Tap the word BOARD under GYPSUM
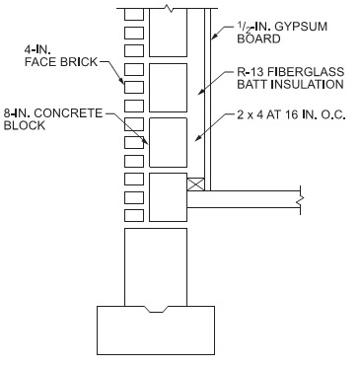click(x=257, y=39)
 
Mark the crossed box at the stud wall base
click(x=195, y=183)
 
